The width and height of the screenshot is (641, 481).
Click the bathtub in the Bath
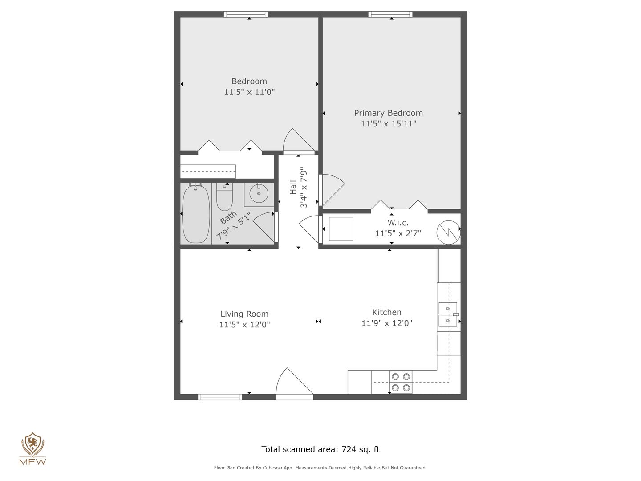coord(196,214)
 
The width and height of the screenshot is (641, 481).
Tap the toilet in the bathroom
coord(224,197)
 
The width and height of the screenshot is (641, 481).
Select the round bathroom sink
coord(259,193)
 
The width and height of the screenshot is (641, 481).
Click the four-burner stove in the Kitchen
coord(401,382)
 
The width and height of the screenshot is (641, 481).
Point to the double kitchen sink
coord(448,314)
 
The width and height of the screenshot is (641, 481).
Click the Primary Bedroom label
coord(389,113)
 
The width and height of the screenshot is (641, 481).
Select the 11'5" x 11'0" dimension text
coord(249,92)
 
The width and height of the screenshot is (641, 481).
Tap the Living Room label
coord(244,314)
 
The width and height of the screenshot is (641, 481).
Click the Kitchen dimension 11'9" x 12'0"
coord(387,323)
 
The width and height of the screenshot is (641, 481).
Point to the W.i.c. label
coord(398,223)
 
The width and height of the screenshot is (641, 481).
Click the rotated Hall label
coord(293,187)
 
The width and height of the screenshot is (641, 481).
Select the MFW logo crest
coord(32,444)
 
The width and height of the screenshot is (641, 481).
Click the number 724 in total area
coord(349,449)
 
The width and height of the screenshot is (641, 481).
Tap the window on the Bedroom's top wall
coord(246,14)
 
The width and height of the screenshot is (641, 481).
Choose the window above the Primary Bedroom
coord(390,14)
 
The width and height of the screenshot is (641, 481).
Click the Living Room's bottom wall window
coord(220,397)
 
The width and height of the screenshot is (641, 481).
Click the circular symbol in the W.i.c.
coord(448,232)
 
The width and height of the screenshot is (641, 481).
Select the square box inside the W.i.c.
coord(341,229)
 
